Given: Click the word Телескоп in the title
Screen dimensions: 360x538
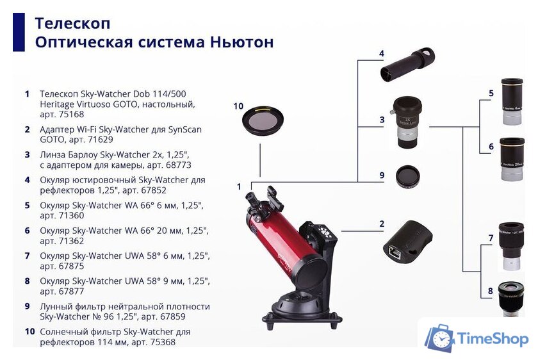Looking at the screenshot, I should pos(72,23).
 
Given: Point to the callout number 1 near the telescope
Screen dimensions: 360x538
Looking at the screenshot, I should pos(239,187).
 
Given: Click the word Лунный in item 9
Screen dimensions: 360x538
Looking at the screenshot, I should pos(56,306).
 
